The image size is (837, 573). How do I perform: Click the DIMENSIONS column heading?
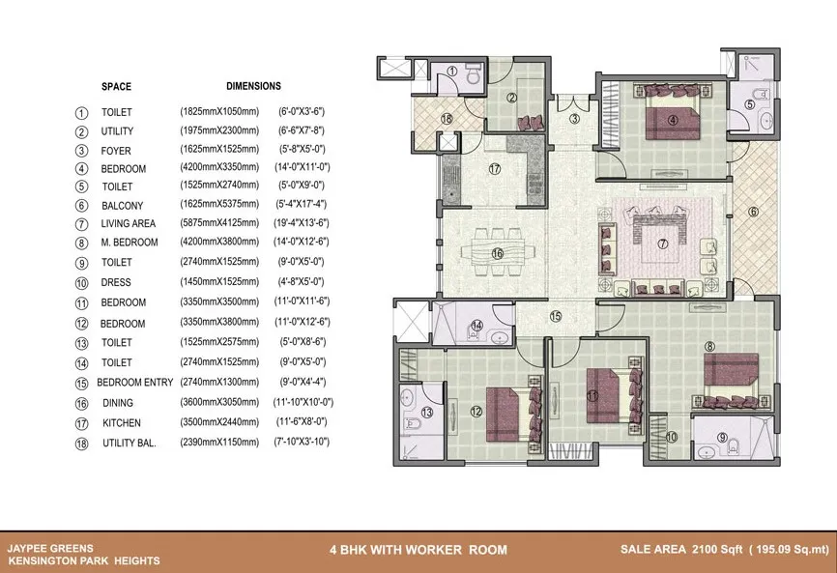click(253, 86)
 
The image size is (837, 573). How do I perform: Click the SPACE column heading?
click(116, 86)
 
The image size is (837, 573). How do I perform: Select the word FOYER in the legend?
click(116, 151)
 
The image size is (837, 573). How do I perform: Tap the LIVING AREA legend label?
click(129, 223)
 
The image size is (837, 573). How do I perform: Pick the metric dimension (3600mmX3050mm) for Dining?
click(219, 402)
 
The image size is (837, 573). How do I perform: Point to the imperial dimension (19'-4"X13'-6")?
click(302, 222)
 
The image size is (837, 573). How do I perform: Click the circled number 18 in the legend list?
click(82, 444)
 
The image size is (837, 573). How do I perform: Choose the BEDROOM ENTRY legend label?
click(135, 383)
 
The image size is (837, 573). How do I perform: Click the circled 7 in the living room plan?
click(662, 244)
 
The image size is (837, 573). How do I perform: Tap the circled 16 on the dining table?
click(498, 253)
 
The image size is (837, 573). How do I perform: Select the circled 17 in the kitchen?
click(495, 169)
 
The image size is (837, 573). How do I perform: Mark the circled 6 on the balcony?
click(753, 212)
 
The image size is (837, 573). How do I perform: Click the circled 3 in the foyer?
click(574, 119)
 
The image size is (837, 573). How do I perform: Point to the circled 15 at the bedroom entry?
click(556, 316)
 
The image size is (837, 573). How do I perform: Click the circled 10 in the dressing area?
click(672, 437)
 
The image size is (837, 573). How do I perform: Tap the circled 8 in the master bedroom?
click(709, 346)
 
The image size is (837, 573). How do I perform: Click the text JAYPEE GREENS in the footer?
click(50, 548)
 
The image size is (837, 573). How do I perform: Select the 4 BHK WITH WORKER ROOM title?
click(418, 550)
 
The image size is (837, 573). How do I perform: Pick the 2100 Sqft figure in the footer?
click(717, 549)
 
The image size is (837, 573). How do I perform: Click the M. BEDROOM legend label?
click(130, 243)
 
